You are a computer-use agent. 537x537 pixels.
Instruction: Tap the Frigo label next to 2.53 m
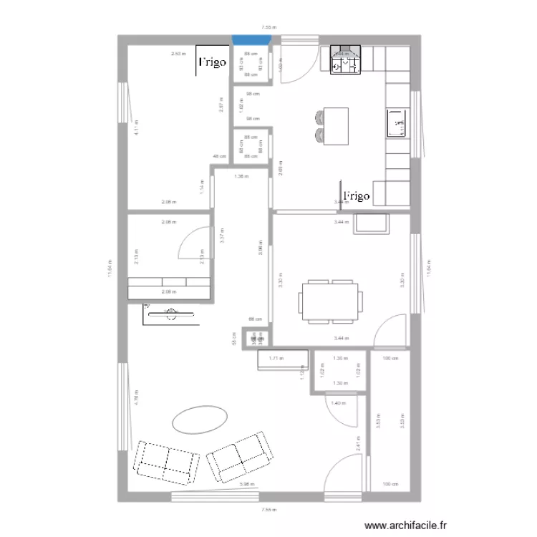point(212,62)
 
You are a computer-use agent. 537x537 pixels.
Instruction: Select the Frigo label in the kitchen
point(356,195)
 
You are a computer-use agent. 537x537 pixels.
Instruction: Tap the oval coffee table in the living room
point(199,419)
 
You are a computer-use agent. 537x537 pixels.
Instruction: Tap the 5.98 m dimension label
point(246,484)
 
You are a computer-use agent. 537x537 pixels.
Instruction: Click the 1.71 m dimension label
point(276,358)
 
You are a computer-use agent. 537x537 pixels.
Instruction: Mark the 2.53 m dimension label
point(178,54)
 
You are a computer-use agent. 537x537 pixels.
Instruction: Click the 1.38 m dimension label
point(241,176)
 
